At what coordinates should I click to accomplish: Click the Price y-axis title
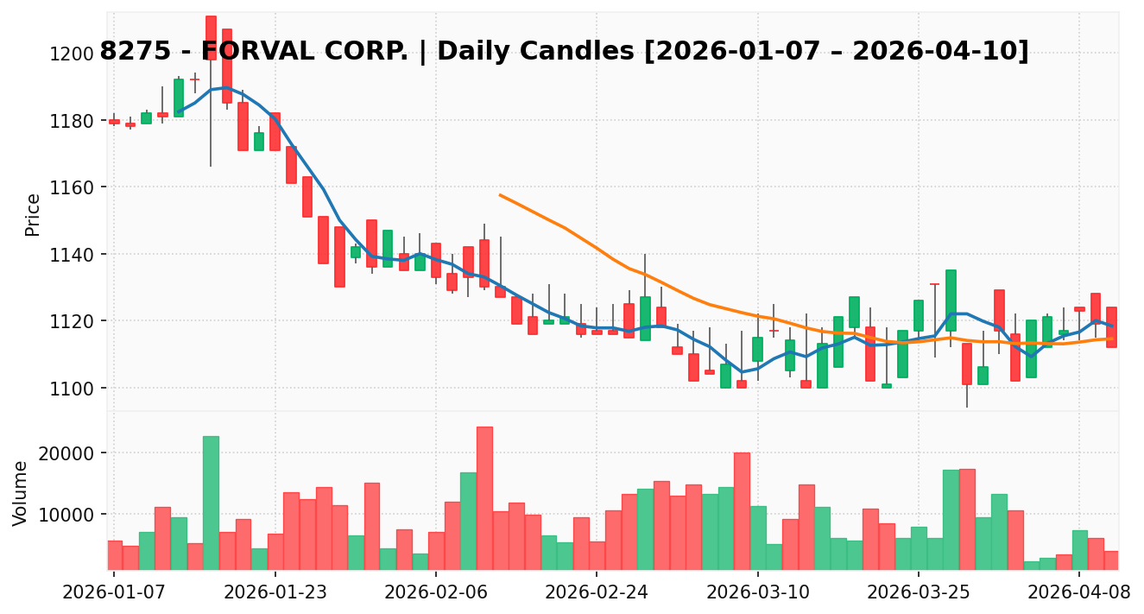[33, 214]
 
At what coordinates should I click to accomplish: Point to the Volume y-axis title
[21, 492]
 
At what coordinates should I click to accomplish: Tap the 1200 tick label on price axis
[73, 54]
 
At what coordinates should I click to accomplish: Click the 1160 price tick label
[73, 187]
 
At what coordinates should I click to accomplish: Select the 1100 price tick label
[73, 388]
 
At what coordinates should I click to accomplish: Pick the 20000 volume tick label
[68, 453]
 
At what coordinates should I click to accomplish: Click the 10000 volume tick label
[68, 515]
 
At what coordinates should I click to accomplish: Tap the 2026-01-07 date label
[114, 594]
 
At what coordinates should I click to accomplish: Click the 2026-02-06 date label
[435, 594]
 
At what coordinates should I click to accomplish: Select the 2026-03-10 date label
[757, 594]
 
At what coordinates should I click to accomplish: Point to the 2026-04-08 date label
[1079, 594]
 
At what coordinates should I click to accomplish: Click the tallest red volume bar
[484, 497]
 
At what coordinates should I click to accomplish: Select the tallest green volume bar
[211, 502]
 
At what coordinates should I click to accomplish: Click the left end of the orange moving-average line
[500, 195]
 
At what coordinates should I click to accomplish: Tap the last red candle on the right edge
[1111, 326]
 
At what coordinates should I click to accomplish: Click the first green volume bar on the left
[147, 550]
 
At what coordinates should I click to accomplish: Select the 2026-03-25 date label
[918, 594]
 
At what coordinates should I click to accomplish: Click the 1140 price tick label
[73, 254]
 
